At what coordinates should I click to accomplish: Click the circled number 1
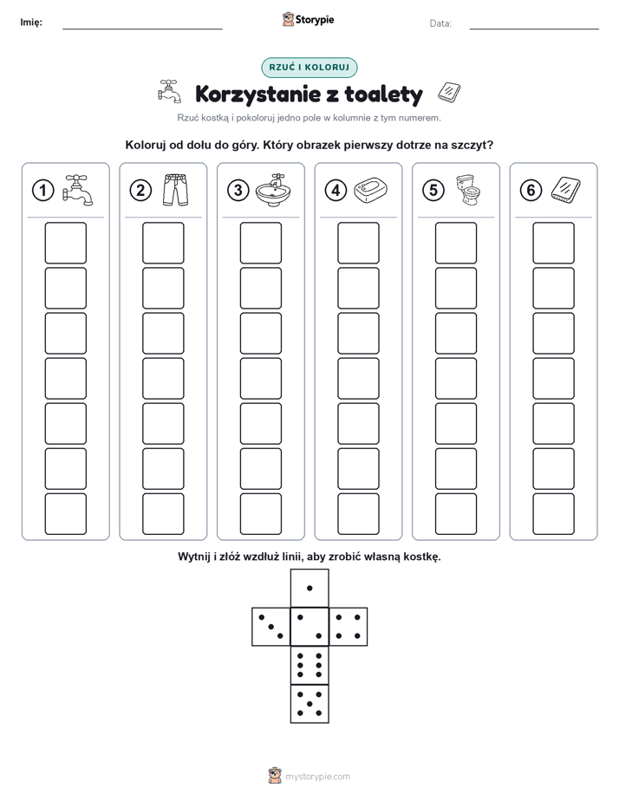42,191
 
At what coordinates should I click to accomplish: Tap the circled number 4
336,191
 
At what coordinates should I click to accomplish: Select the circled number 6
531,191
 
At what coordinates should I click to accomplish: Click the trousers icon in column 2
176,190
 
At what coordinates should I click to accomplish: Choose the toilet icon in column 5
468,190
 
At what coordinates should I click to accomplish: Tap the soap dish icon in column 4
370,191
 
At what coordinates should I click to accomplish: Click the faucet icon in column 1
78,190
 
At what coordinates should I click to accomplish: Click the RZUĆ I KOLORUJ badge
309,68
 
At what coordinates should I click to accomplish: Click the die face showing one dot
309,588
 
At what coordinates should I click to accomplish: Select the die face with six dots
309,665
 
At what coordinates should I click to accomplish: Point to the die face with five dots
309,704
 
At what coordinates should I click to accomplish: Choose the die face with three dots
271,627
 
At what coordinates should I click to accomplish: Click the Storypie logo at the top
308,20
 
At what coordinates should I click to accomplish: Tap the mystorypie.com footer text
317,777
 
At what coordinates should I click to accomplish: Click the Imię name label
31,23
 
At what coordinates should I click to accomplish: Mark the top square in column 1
65,243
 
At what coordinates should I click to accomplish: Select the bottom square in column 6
554,514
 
